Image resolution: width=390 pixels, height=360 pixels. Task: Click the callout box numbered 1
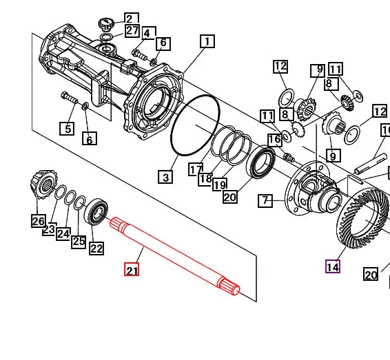pyautogui.click(x=206, y=42)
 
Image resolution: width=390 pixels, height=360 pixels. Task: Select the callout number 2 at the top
pyautogui.click(x=131, y=19)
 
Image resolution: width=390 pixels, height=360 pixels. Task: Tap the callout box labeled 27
pyautogui.click(x=131, y=31)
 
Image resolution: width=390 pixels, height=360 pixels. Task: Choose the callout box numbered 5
pyautogui.click(x=66, y=128)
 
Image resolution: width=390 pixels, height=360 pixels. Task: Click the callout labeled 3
pyautogui.click(x=165, y=178)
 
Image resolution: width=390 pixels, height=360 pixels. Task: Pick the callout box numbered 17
pyautogui.click(x=196, y=169)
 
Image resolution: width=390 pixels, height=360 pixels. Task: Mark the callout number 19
pyautogui.click(x=220, y=184)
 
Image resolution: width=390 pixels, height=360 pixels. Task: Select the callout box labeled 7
pyautogui.click(x=266, y=201)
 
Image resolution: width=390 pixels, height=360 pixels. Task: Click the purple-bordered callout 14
pyautogui.click(x=333, y=266)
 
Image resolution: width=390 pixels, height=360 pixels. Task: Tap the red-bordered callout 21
pyautogui.click(x=132, y=270)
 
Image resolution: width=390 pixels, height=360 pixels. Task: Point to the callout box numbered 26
pyautogui.click(x=38, y=221)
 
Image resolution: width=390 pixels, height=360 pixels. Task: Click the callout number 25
pyautogui.click(x=79, y=241)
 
